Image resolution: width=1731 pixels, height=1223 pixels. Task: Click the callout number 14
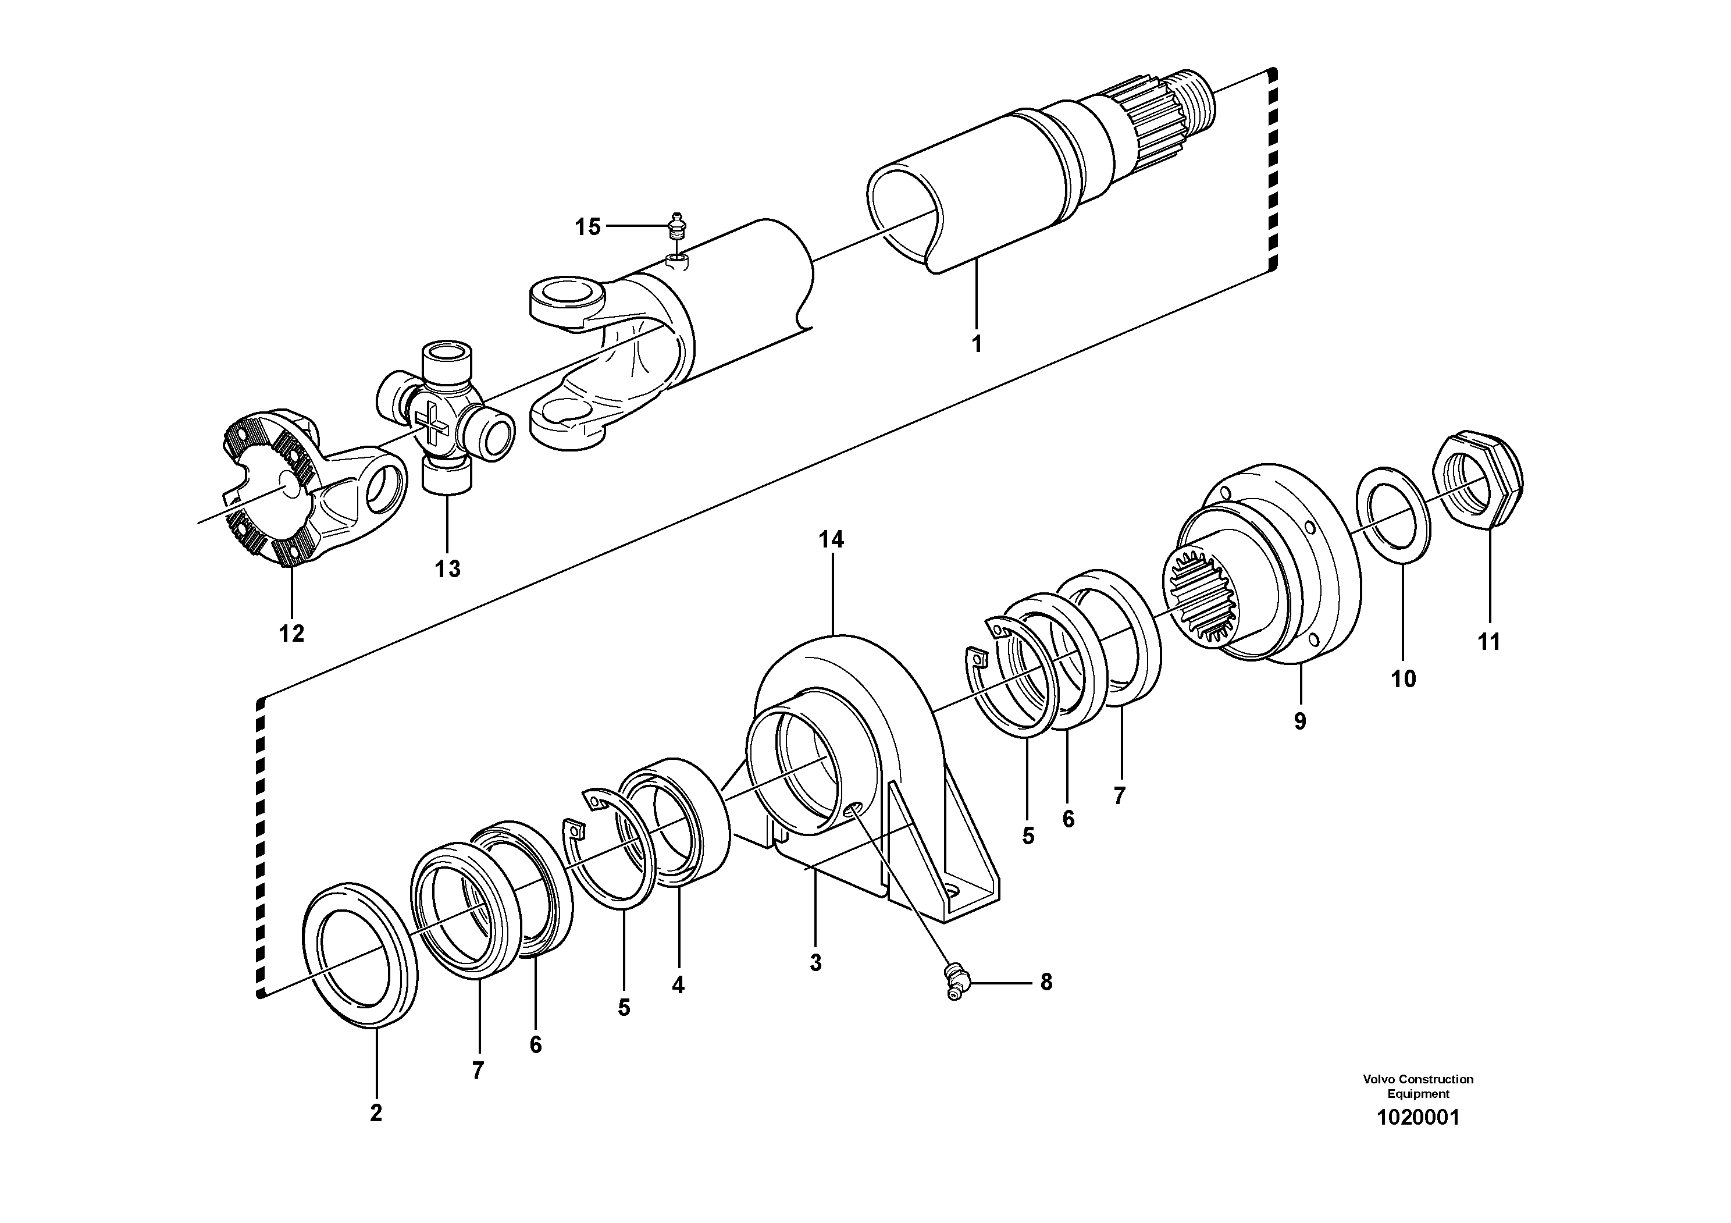[832, 539]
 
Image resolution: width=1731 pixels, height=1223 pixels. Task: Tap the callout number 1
[977, 344]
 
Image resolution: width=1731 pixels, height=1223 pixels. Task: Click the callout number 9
[1300, 721]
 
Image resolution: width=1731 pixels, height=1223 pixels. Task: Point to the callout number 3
[815, 963]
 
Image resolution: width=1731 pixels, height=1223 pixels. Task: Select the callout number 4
[678, 984]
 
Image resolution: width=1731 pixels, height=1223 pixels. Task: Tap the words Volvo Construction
[1417, 1079]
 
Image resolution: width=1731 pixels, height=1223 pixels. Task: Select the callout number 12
[292, 634]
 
